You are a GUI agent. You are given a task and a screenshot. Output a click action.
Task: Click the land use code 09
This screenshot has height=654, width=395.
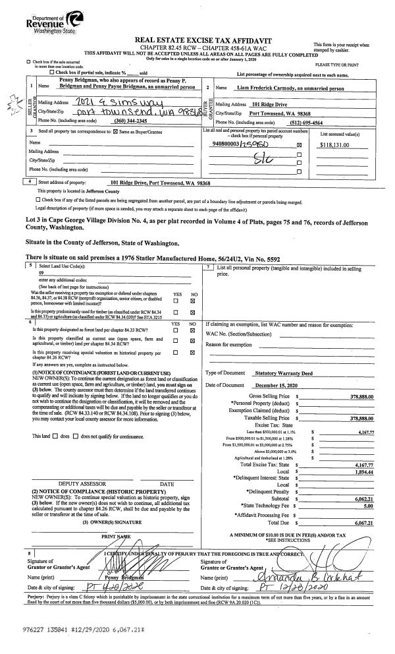coord(41,271)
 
